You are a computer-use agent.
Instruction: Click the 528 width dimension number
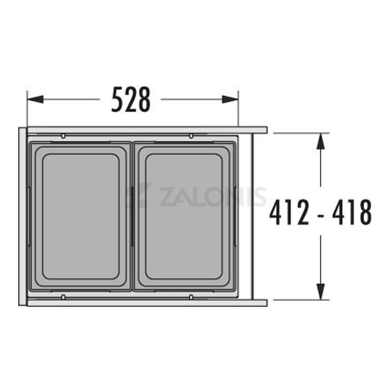coord(131,100)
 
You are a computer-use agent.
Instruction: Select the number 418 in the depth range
coord(352,212)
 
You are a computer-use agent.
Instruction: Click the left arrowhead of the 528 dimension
coord(35,99)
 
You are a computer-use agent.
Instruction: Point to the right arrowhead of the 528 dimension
coord(230,99)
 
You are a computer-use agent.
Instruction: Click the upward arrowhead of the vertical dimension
coord(321,141)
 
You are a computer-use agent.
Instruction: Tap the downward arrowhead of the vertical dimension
coord(321,291)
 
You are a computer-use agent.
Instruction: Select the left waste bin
coord(80,216)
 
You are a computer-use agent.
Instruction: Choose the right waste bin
coord(184,216)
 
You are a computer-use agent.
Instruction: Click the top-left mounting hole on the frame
coord(63,136)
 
